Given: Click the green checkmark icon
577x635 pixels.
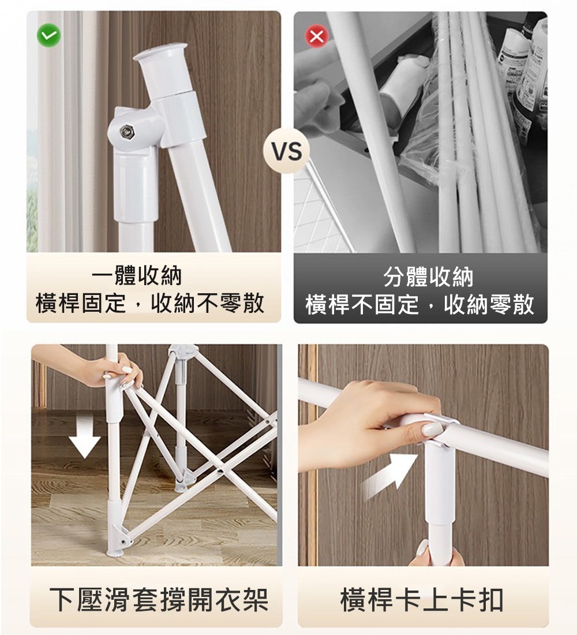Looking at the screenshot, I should (x=49, y=36).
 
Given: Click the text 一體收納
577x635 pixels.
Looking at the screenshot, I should (x=137, y=276).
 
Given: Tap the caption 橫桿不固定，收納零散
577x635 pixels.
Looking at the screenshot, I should (x=419, y=304).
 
